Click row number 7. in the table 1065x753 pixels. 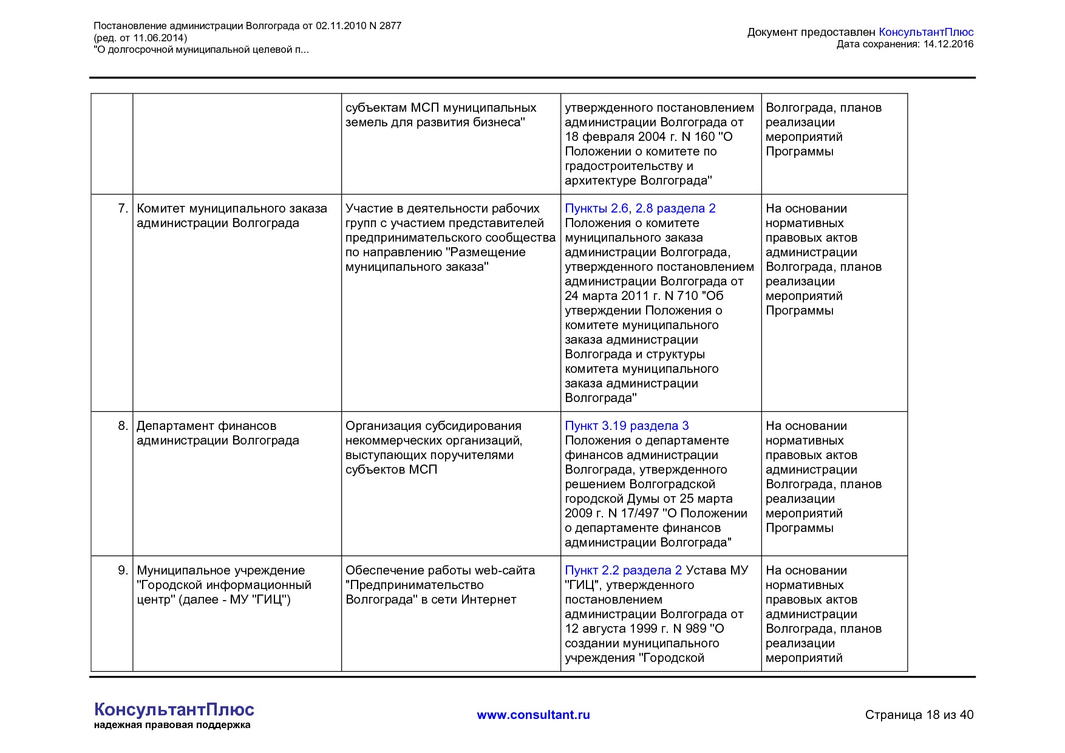[123, 208]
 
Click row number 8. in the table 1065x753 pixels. [123, 426]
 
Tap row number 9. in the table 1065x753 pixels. [123, 570]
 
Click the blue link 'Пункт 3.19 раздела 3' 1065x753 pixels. [627, 426]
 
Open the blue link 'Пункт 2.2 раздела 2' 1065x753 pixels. [623, 570]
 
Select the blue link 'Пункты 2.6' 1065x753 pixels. [596, 208]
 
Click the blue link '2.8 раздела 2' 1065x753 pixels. [675, 208]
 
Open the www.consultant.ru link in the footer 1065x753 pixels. [533, 715]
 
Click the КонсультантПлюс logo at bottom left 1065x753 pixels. [174, 709]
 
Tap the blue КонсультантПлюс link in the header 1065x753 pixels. [926, 32]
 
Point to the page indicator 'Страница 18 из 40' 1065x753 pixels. [919, 715]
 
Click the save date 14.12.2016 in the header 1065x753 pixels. [948, 44]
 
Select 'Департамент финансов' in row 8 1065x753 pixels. [206, 426]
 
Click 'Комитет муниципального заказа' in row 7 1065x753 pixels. [232, 208]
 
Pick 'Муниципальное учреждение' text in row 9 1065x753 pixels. [221, 570]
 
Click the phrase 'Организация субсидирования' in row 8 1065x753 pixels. [434, 426]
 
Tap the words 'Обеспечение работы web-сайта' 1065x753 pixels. [440, 570]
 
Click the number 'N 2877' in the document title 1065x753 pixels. [385, 26]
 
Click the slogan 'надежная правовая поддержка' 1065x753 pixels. [172, 725]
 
